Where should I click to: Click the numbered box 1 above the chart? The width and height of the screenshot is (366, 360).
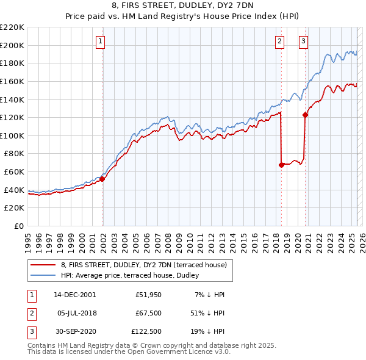coord(99,41)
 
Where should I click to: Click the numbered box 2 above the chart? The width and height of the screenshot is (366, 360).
coord(279,41)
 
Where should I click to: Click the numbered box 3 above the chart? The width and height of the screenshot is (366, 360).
coord(303,41)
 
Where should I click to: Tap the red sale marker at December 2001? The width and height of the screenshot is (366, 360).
coord(102,179)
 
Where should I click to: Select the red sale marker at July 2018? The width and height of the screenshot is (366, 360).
coord(281,164)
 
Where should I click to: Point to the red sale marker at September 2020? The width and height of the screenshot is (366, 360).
coord(306,114)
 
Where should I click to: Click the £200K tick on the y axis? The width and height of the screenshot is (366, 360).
coord(13,45)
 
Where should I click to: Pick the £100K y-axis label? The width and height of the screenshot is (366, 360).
coord(13,135)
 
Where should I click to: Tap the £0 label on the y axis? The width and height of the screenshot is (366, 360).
coord(19,226)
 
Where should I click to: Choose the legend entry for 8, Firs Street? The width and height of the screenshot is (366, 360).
coord(144,265)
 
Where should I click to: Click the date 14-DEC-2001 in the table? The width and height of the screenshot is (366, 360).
coord(75,294)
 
